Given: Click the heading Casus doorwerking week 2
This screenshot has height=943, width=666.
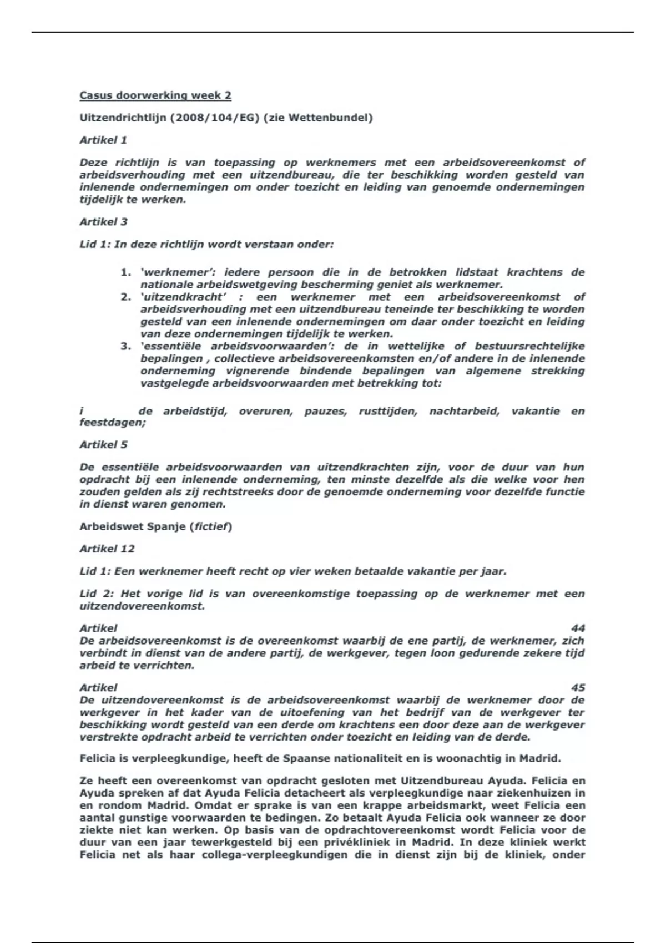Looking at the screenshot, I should click(x=155, y=95).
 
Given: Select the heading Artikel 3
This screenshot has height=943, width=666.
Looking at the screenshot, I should click(x=103, y=221).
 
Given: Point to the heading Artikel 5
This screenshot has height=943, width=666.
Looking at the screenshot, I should click(x=103, y=444).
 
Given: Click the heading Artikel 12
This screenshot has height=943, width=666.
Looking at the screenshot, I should click(x=107, y=549).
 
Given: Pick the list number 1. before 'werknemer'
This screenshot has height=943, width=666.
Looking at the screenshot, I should click(x=125, y=272).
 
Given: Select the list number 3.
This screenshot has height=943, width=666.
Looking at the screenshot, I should click(x=125, y=346).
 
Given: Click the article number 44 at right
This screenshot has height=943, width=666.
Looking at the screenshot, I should click(x=578, y=628).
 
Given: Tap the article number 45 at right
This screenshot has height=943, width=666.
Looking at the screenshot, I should click(x=578, y=687).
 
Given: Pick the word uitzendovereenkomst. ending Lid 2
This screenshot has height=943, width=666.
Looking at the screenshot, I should click(x=142, y=606).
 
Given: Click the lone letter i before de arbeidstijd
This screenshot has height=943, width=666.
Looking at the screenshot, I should click(x=82, y=411).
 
